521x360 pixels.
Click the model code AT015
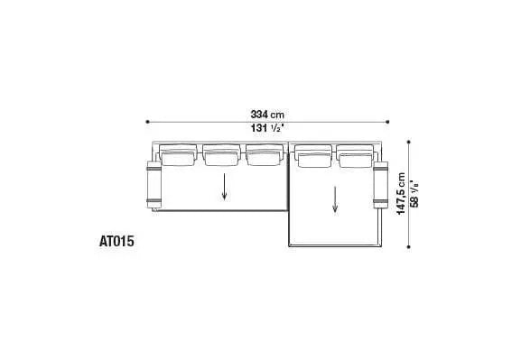coord(116,241)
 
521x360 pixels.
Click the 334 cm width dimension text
coord(267,115)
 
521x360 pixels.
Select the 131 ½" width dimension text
coord(267,128)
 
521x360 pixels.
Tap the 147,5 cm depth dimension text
coord(402,194)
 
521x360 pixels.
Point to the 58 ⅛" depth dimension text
coord(414,194)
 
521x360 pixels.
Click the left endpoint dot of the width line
coord(147,122)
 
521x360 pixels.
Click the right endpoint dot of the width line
coord(387,122)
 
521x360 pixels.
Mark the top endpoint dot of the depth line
coord(408,142)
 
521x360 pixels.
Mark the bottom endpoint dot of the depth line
coord(408,246)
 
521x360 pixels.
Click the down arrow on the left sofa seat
coord(225,187)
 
